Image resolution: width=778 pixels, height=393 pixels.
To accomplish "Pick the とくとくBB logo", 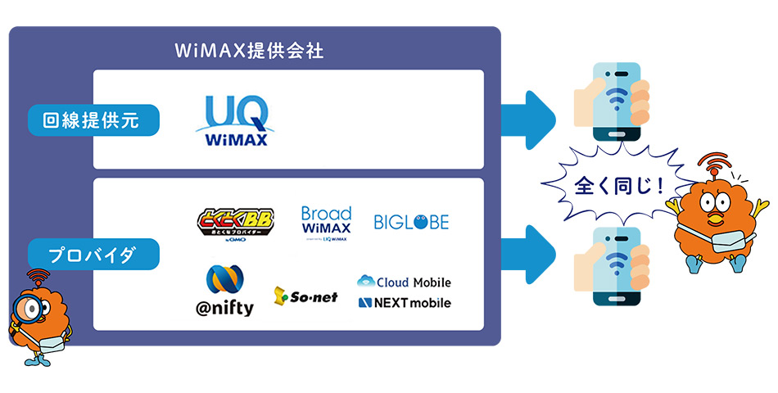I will [237, 223].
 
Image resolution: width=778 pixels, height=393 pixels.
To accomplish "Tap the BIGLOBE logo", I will [411, 222].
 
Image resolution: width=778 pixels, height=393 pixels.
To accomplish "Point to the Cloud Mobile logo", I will [404, 282].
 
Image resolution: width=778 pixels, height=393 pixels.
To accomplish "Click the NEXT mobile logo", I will [404, 303].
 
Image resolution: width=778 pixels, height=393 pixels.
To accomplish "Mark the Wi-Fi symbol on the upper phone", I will [617, 93].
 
